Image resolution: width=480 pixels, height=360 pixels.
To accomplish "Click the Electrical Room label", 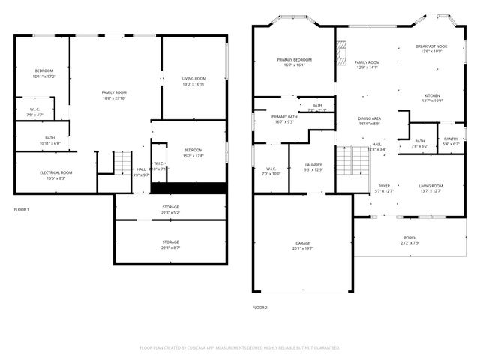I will tap(55, 175).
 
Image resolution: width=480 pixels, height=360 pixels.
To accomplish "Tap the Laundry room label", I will tap(313, 166).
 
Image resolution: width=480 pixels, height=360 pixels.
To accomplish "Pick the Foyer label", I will tap(383, 187).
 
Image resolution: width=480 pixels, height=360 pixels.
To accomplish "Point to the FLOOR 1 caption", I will tap(21, 209).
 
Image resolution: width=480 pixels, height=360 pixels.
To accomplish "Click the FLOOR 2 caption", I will tap(259, 307).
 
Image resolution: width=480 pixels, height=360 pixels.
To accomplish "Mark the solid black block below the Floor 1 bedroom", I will tap(189, 187).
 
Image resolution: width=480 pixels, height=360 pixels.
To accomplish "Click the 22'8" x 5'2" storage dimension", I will tap(170, 213).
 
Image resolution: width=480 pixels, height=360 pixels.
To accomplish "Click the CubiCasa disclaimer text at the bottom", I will tap(239, 348).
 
